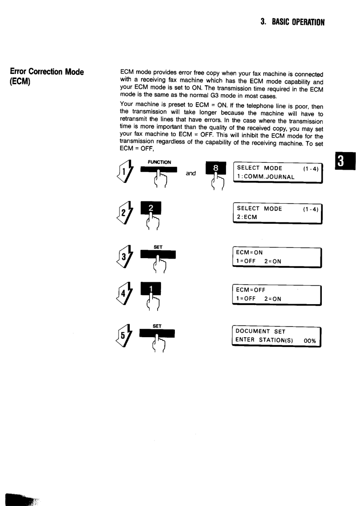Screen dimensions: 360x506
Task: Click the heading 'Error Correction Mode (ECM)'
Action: [x=47, y=76]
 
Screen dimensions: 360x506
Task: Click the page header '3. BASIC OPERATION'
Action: [x=293, y=22]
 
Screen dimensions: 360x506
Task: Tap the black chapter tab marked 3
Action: [x=345, y=161]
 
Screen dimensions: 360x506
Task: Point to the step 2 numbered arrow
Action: [x=125, y=213]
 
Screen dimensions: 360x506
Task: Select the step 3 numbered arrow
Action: [x=125, y=256]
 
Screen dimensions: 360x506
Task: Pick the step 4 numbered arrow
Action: [x=125, y=293]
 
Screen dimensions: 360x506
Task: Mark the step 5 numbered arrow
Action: [x=124, y=335]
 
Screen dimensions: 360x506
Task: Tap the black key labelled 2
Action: [x=150, y=208]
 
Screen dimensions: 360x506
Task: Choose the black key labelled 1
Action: [x=150, y=288]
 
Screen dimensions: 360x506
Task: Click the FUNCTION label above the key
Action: [x=159, y=162]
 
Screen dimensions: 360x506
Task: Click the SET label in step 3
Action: [x=158, y=247]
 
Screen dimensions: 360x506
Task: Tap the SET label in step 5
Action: [x=157, y=326]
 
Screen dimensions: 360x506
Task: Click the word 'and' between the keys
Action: [x=191, y=173]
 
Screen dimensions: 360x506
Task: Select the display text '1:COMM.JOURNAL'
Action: [x=266, y=177]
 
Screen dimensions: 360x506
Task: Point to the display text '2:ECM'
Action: [x=247, y=217]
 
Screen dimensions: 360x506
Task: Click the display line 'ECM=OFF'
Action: [x=251, y=290]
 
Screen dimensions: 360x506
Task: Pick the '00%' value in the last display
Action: [x=310, y=341]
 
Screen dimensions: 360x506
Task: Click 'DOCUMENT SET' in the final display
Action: [x=260, y=332]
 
